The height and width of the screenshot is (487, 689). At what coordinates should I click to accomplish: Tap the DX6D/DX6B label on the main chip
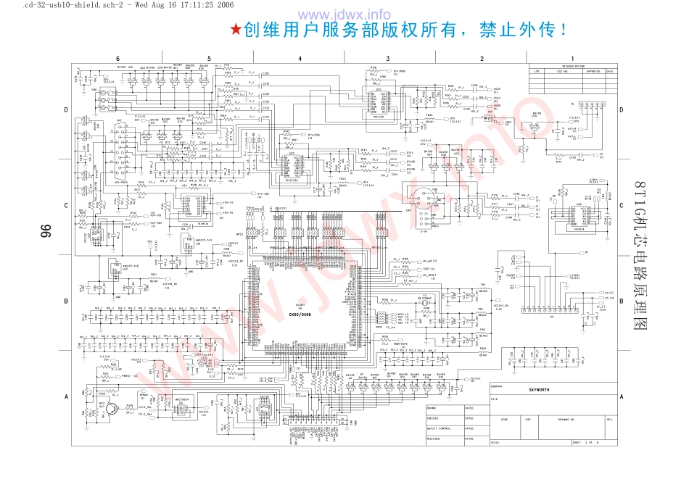click(300, 315)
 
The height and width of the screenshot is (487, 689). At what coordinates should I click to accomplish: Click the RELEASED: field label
click(433, 438)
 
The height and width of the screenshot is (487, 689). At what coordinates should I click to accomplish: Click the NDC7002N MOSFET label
click(182, 399)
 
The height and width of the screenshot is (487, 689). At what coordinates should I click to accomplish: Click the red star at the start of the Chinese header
click(235, 30)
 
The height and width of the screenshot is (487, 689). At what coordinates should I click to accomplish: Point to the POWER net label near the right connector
click(511, 276)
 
